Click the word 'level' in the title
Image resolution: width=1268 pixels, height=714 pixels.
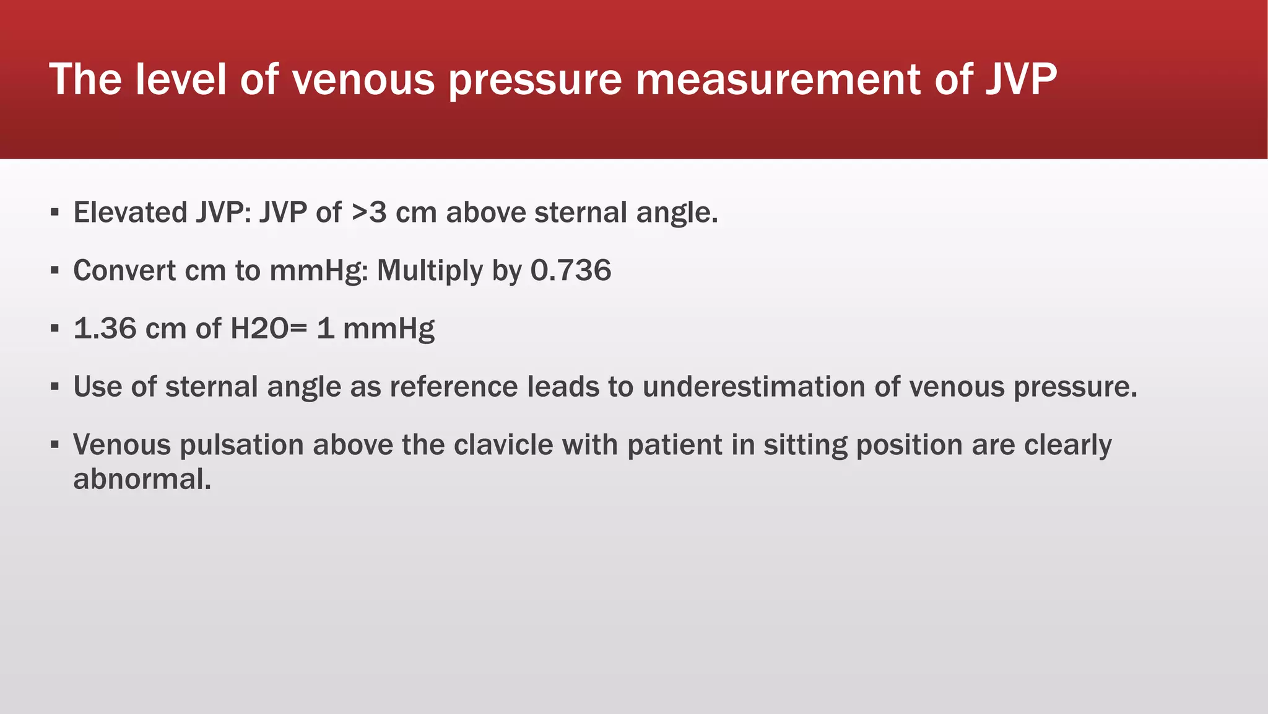pyautogui.click(x=180, y=79)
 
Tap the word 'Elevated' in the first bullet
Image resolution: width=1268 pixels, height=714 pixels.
pyautogui.click(x=131, y=213)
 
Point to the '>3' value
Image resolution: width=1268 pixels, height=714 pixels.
pyautogui.click(x=369, y=213)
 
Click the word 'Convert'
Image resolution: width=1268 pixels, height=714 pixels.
pyautogui.click(x=123, y=271)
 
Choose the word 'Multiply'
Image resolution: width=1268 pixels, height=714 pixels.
pyautogui.click(x=430, y=271)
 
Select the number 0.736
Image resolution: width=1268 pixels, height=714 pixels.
pyautogui.click(x=571, y=271)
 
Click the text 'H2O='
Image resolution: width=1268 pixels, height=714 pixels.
pyautogui.click(x=268, y=328)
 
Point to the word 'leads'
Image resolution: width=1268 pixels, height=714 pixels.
pyautogui.click(x=563, y=387)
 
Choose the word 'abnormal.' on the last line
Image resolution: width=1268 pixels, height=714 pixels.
pyautogui.click(x=142, y=479)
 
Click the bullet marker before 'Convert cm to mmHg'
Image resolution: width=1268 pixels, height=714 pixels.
pyautogui.click(x=55, y=271)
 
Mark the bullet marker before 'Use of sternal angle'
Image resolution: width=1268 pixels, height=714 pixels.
pyautogui.click(x=55, y=387)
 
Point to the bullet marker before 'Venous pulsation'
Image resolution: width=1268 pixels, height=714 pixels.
pyautogui.click(x=55, y=445)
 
